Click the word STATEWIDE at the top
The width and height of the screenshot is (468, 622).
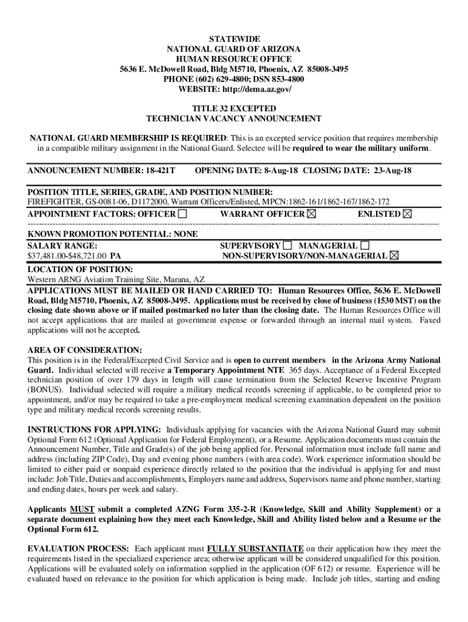234,38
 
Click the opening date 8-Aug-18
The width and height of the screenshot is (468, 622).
281,171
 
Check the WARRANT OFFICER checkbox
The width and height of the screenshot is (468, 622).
312,214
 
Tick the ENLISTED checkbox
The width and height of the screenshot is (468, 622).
407,214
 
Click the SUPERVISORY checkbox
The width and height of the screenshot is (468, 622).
287,245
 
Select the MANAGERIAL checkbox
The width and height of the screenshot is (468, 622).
365,245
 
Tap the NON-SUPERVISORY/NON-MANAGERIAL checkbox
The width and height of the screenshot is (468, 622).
394,256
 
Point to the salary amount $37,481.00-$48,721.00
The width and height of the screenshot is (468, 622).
67,256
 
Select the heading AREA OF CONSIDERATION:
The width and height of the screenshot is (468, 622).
84,350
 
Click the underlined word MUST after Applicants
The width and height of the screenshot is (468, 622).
81,509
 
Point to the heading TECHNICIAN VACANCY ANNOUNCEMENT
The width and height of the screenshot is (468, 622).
234,119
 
